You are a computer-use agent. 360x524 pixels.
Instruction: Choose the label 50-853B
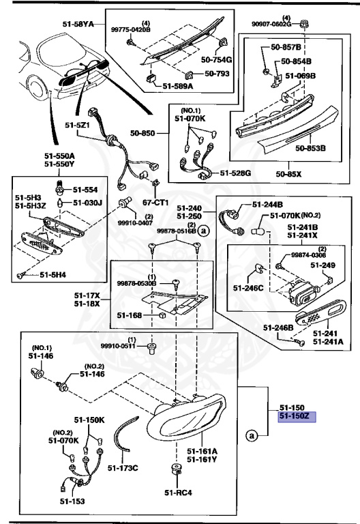coord(310,147)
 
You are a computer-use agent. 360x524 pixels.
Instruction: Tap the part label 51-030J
coord(87,203)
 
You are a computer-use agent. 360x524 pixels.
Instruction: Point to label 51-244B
coord(267,204)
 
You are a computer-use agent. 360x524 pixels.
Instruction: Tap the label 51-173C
coord(124,467)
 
